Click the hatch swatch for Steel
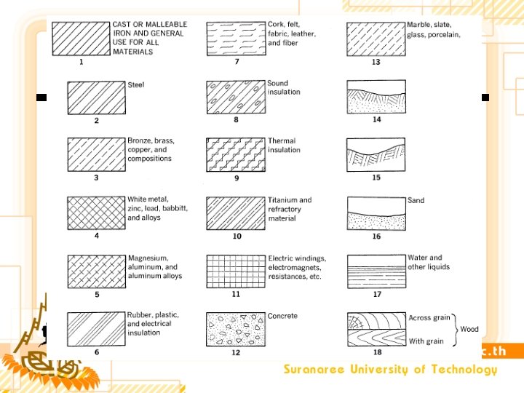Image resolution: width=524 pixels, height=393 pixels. tap(97, 98)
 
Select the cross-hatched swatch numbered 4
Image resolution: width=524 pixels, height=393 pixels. tap(97, 213)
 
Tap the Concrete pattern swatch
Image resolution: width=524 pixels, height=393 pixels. tap(236, 329)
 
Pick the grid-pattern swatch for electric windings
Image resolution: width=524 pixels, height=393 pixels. tap(236, 271)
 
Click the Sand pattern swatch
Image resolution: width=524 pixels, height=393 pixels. tap(377, 213)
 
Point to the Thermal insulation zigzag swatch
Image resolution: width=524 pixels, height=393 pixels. tap(236, 155)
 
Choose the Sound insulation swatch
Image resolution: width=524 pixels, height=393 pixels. tap(236, 98)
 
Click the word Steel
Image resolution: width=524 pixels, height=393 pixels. tap(135, 85)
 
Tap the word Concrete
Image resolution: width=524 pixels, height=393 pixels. tap(282, 316)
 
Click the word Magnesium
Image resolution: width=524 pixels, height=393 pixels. tap(148, 258)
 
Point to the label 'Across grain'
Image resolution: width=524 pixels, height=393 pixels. tap(429, 317)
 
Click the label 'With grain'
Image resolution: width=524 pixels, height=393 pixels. tap(426, 341)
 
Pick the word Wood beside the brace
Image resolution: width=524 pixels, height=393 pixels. tap(469, 329)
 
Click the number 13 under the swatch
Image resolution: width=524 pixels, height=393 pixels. tap(376, 62)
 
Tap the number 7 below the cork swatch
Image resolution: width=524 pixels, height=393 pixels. tap(237, 61)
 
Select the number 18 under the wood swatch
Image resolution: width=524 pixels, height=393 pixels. tap(377, 352)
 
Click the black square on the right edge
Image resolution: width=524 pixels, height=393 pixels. tap(485, 98)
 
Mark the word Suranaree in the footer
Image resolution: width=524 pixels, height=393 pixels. tap(314, 369)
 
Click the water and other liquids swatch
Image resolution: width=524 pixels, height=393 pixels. tap(377, 271)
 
